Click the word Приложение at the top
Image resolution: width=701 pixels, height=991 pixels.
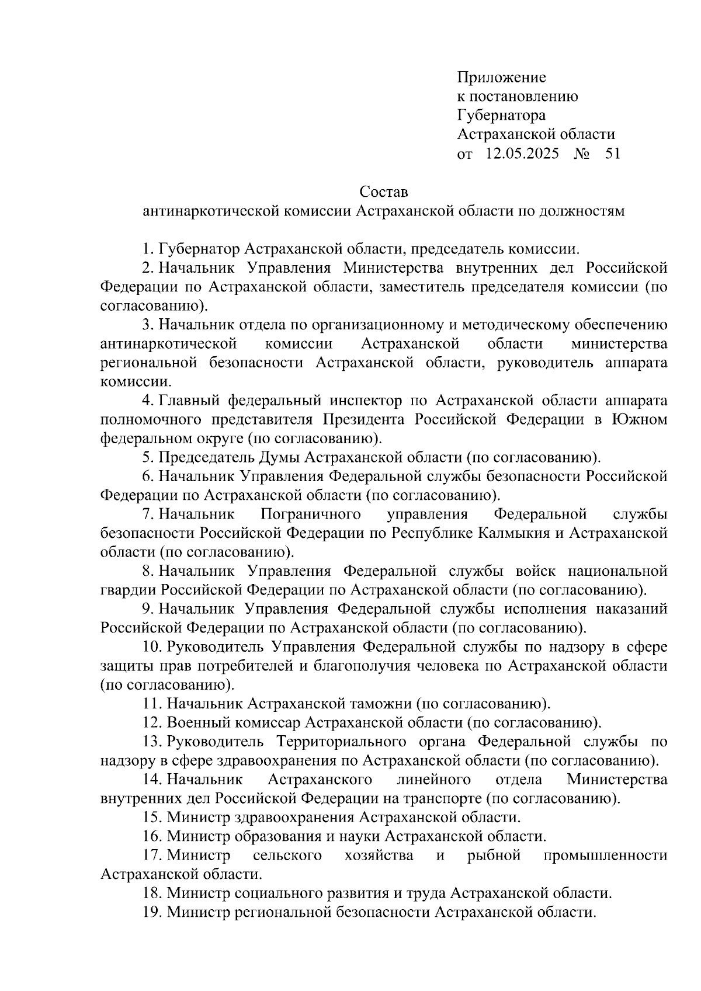(x=501, y=78)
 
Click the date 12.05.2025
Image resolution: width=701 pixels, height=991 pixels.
(x=522, y=154)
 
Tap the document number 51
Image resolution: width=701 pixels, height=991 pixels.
(x=613, y=154)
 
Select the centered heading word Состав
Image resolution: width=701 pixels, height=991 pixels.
(x=383, y=192)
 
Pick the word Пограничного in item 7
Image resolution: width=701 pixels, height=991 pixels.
(x=310, y=514)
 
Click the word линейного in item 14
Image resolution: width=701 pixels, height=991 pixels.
(x=433, y=780)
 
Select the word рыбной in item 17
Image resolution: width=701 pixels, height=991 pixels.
(x=494, y=856)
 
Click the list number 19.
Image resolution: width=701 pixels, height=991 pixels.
(x=152, y=912)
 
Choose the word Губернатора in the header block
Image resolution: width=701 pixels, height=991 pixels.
(x=501, y=116)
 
